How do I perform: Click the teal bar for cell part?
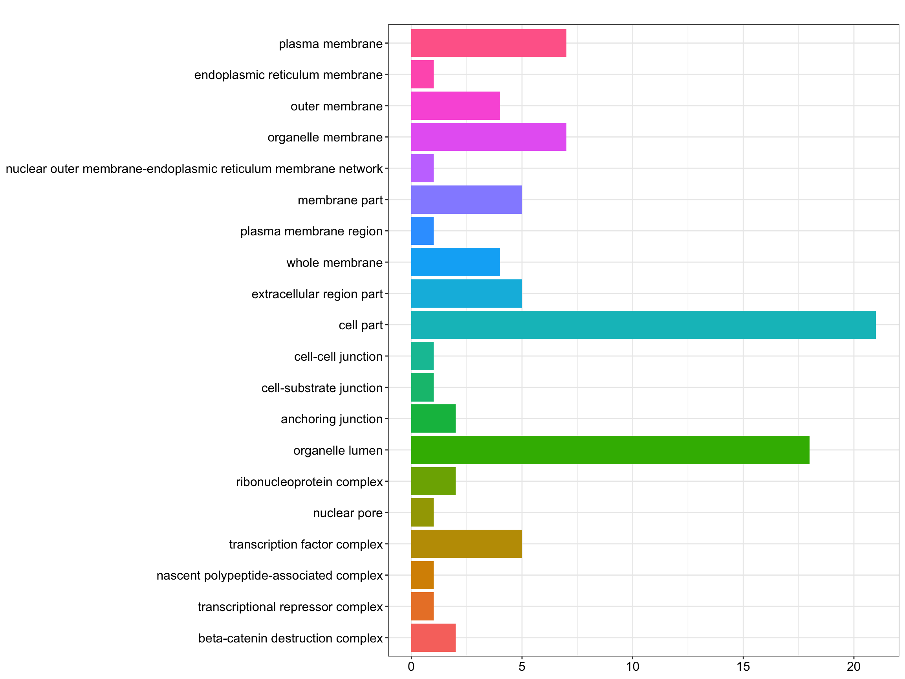pyautogui.click(x=643, y=325)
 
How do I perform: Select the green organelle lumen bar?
pyautogui.click(x=610, y=450)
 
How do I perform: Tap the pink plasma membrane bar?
pyautogui.click(x=489, y=43)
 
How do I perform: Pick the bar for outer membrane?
pyautogui.click(x=455, y=106)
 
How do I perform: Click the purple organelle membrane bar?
pyautogui.click(x=489, y=137)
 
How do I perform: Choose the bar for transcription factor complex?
pyautogui.click(x=466, y=543)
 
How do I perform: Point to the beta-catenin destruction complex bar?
pyautogui.click(x=433, y=638)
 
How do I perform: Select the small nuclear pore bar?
pyautogui.click(x=422, y=512)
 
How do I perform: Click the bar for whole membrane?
pyautogui.click(x=455, y=262)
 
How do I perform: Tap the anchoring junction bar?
pyautogui.click(x=433, y=418)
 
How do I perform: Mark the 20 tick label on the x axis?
pyautogui.click(x=854, y=667)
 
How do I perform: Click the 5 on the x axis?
pyautogui.click(x=522, y=667)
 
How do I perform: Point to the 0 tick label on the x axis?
pyautogui.click(x=411, y=667)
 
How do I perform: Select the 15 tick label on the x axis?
pyautogui.click(x=743, y=667)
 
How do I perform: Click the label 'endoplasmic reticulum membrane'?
pyautogui.click(x=288, y=75)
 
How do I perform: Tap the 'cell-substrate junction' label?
pyautogui.click(x=322, y=387)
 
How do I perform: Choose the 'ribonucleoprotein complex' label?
pyautogui.click(x=309, y=482)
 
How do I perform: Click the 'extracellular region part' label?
pyautogui.click(x=317, y=294)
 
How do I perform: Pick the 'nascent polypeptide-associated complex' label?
pyautogui.click(x=269, y=575)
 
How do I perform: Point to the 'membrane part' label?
pyautogui.click(x=340, y=200)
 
